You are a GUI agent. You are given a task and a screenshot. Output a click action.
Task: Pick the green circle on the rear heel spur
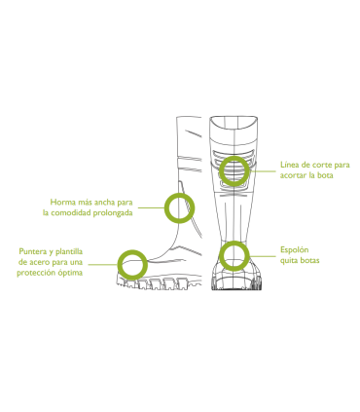click(233, 256)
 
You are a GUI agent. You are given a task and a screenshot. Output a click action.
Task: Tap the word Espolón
click(295, 249)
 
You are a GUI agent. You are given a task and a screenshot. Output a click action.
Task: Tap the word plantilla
click(76, 250)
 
